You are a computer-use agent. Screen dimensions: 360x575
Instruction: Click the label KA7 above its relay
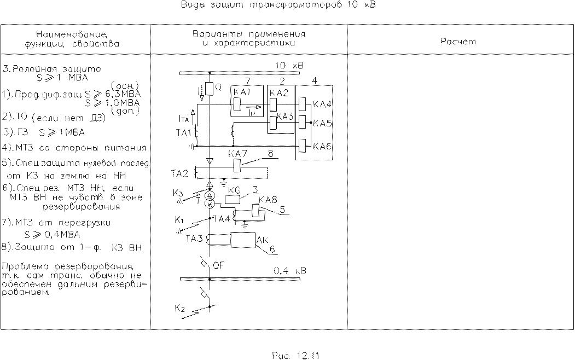pyautogui.click(x=236, y=154)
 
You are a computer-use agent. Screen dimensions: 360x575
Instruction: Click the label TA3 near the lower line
pyautogui.click(x=194, y=239)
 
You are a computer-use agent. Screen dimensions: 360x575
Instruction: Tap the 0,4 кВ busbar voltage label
pyautogui.click(x=290, y=271)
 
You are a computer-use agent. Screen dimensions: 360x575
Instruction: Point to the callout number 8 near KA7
pyautogui.click(x=270, y=154)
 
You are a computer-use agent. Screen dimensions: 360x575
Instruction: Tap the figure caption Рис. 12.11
pyautogui.click(x=295, y=355)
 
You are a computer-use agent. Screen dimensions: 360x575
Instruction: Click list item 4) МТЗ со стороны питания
pyautogui.click(x=77, y=148)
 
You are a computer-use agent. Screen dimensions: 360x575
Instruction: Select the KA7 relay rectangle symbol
pyautogui.click(x=237, y=165)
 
